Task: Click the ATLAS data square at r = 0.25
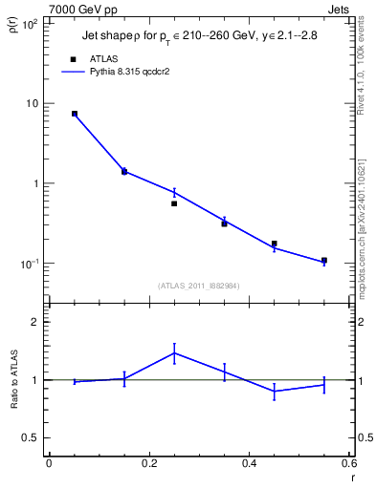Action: click(174, 203)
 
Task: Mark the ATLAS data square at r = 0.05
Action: click(75, 114)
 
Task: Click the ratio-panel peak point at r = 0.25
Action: click(174, 352)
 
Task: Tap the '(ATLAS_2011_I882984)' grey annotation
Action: click(198, 286)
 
